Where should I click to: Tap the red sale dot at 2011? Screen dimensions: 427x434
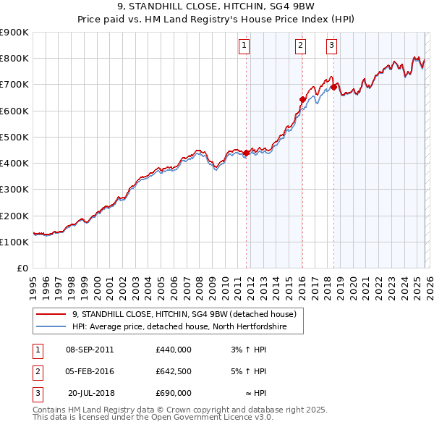click(246, 153)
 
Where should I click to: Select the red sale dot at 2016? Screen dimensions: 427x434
click(302, 99)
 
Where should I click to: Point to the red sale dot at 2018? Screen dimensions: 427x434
click(333, 87)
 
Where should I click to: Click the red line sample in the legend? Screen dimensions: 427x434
click(51, 315)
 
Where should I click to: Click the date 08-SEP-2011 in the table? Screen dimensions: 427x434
click(90, 350)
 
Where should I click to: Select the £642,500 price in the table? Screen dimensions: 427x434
click(174, 371)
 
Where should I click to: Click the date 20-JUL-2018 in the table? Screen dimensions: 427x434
click(91, 393)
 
